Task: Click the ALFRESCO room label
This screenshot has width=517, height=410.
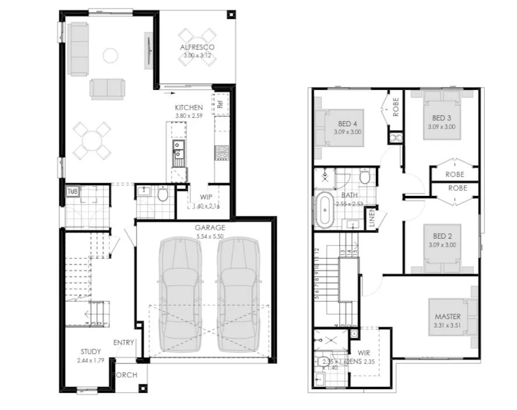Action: tap(196, 47)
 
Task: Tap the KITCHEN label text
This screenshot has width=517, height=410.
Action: tap(189, 108)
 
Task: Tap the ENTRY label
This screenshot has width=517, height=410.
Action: tap(124, 342)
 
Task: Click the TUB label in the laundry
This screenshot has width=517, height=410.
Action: tap(72, 191)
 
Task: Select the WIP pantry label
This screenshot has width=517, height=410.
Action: tap(205, 197)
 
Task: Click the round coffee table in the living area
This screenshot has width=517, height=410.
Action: tap(110, 55)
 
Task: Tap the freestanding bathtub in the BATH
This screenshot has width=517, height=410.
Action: tap(325, 209)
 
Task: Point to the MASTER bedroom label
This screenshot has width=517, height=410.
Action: tap(448, 317)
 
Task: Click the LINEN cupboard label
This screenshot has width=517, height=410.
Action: tap(371, 218)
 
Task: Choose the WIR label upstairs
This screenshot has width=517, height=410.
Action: tap(364, 352)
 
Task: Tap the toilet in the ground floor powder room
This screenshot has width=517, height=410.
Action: tap(162, 194)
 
